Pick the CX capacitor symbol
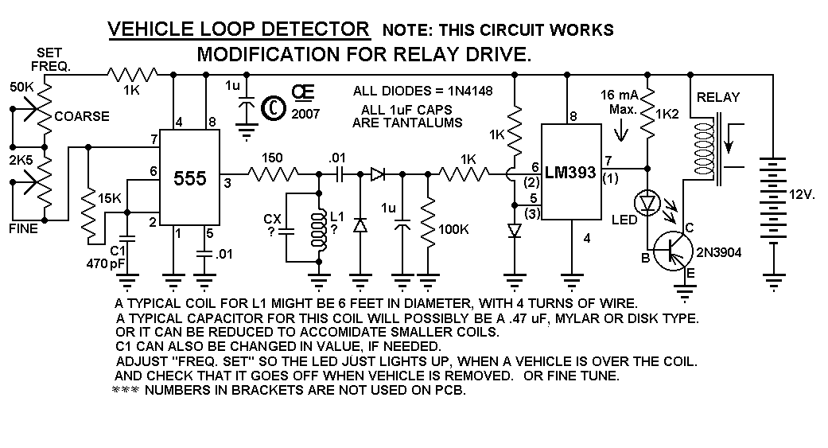point(286,231)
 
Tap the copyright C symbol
point(273,107)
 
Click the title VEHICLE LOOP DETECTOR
point(239,29)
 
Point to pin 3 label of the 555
point(227,185)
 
